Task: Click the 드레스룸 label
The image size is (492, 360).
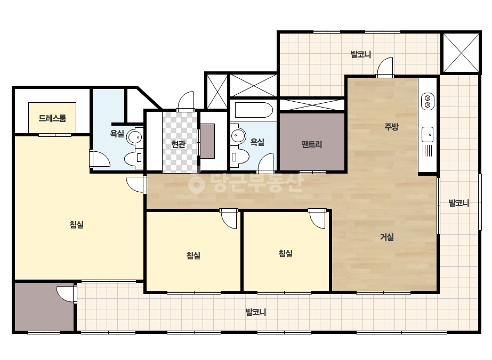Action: point(52,118)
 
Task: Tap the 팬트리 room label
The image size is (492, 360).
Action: point(312,144)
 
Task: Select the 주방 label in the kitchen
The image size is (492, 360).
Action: point(391,126)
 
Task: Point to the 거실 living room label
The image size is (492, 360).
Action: point(387,237)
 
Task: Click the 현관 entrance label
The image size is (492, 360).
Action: point(178,144)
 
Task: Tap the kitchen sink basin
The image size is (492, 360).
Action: point(428,135)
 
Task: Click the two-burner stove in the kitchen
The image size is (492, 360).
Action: point(428,101)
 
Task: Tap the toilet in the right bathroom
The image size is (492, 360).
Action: point(240,156)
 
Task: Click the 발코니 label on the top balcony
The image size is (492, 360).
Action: point(361,54)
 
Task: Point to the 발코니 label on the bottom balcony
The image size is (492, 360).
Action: point(256,312)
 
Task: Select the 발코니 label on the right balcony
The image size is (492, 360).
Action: point(459,203)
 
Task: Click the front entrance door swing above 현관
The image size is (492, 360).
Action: point(185,101)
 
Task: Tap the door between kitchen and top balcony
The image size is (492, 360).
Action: point(385,67)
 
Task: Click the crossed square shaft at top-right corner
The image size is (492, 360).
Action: point(461,53)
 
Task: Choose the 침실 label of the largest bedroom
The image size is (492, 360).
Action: point(77,225)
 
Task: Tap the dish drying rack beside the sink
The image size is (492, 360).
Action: point(428,151)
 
